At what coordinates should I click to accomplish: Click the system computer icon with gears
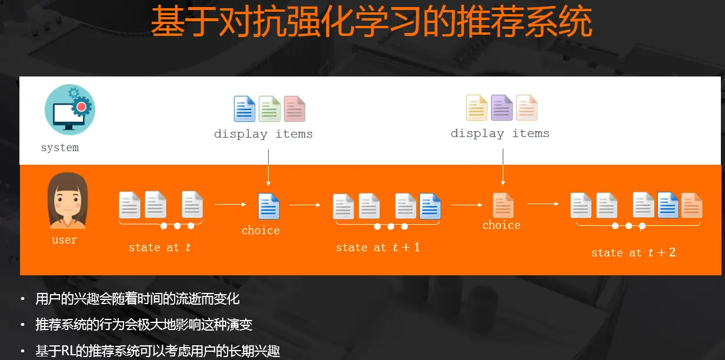69,110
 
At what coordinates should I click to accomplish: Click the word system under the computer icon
60,148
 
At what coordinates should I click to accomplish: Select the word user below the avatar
64,240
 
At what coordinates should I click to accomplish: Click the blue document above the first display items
245,109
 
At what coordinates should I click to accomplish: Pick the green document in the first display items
270,109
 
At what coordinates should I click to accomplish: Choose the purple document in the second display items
502,107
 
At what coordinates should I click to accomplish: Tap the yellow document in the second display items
477,107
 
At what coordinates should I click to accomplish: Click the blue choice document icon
269,206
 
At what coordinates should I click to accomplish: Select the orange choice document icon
503,205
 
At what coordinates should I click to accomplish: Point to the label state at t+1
377,248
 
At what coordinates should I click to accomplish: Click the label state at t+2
633,253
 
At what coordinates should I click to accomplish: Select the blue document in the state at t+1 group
430,206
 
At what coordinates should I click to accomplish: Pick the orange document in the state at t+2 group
691,205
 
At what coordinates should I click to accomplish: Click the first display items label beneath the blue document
263,134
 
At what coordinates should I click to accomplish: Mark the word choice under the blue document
260,230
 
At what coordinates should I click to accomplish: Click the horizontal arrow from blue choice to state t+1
305,205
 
